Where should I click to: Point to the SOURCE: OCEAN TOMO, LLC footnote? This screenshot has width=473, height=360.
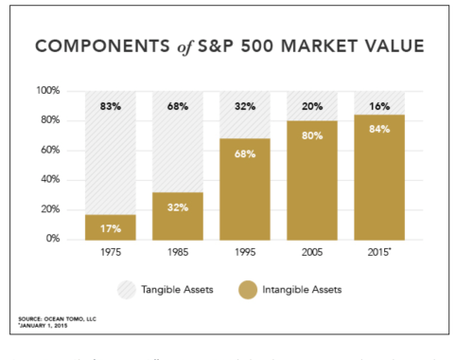(x=44, y=332)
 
